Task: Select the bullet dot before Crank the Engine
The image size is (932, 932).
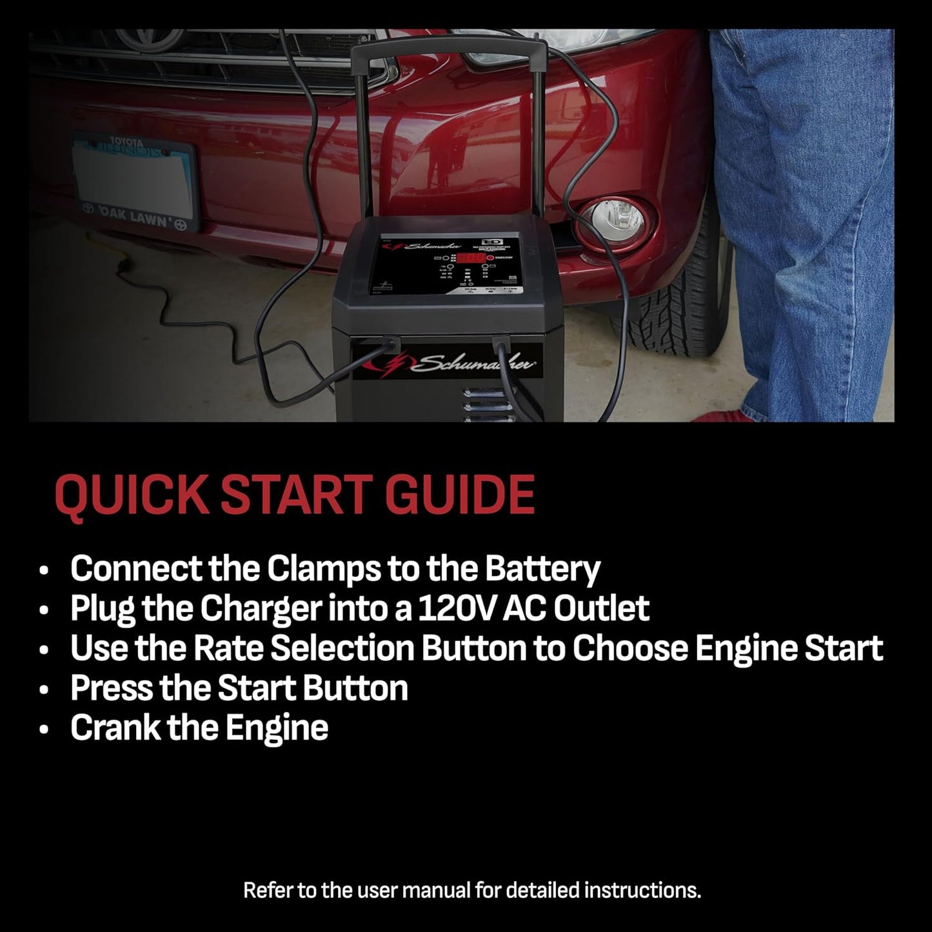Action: coord(44,729)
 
